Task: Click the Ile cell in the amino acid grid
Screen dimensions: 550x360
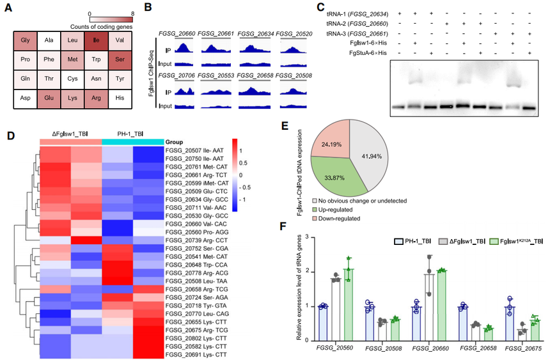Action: (x=96, y=41)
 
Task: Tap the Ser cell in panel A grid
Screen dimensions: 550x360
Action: (x=120, y=60)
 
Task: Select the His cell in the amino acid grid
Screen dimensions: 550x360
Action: (x=120, y=98)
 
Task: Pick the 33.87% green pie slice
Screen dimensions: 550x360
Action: (x=333, y=178)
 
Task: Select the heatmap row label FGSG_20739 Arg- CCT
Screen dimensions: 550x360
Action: (x=196, y=240)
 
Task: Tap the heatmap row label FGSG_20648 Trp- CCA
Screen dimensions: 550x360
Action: (x=196, y=265)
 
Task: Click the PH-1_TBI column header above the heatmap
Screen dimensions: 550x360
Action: (x=130, y=134)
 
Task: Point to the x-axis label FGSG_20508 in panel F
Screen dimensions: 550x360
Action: (x=383, y=348)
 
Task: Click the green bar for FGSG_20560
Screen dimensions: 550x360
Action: (x=349, y=304)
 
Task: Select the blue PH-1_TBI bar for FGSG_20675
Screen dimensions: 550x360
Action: (x=509, y=324)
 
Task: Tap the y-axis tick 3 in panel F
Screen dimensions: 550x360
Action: (x=307, y=237)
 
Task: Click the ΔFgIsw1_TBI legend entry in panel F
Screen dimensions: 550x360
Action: (x=462, y=242)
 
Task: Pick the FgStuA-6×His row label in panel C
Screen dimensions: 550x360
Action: (x=368, y=52)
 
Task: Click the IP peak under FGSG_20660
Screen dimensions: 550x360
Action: (x=184, y=48)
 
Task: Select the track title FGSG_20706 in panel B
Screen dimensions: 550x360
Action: (x=177, y=75)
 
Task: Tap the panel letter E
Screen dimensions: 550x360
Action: (x=285, y=125)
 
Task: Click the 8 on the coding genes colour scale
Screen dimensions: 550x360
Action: (x=132, y=14)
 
